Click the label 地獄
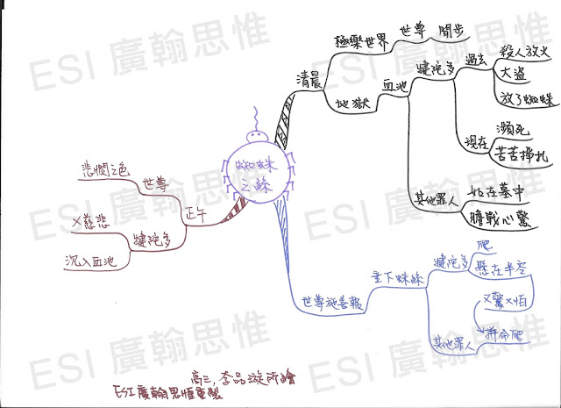350,103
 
